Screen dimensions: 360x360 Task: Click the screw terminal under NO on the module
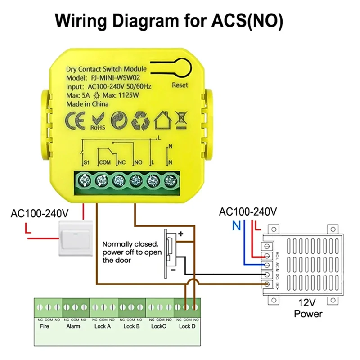pyautogui.click(x=135, y=181)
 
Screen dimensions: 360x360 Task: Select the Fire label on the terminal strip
pyautogui.click(x=45, y=326)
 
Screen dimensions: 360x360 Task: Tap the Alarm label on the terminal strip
pyautogui.click(x=73, y=326)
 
